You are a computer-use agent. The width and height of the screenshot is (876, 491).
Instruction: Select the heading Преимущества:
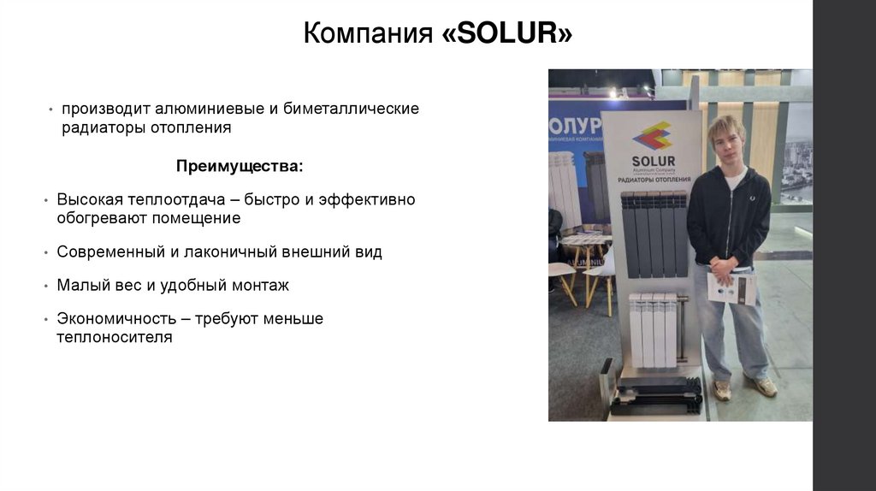[240, 164]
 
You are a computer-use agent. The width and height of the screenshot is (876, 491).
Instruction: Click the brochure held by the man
[732, 287]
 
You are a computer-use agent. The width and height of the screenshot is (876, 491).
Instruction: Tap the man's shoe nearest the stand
[723, 389]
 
